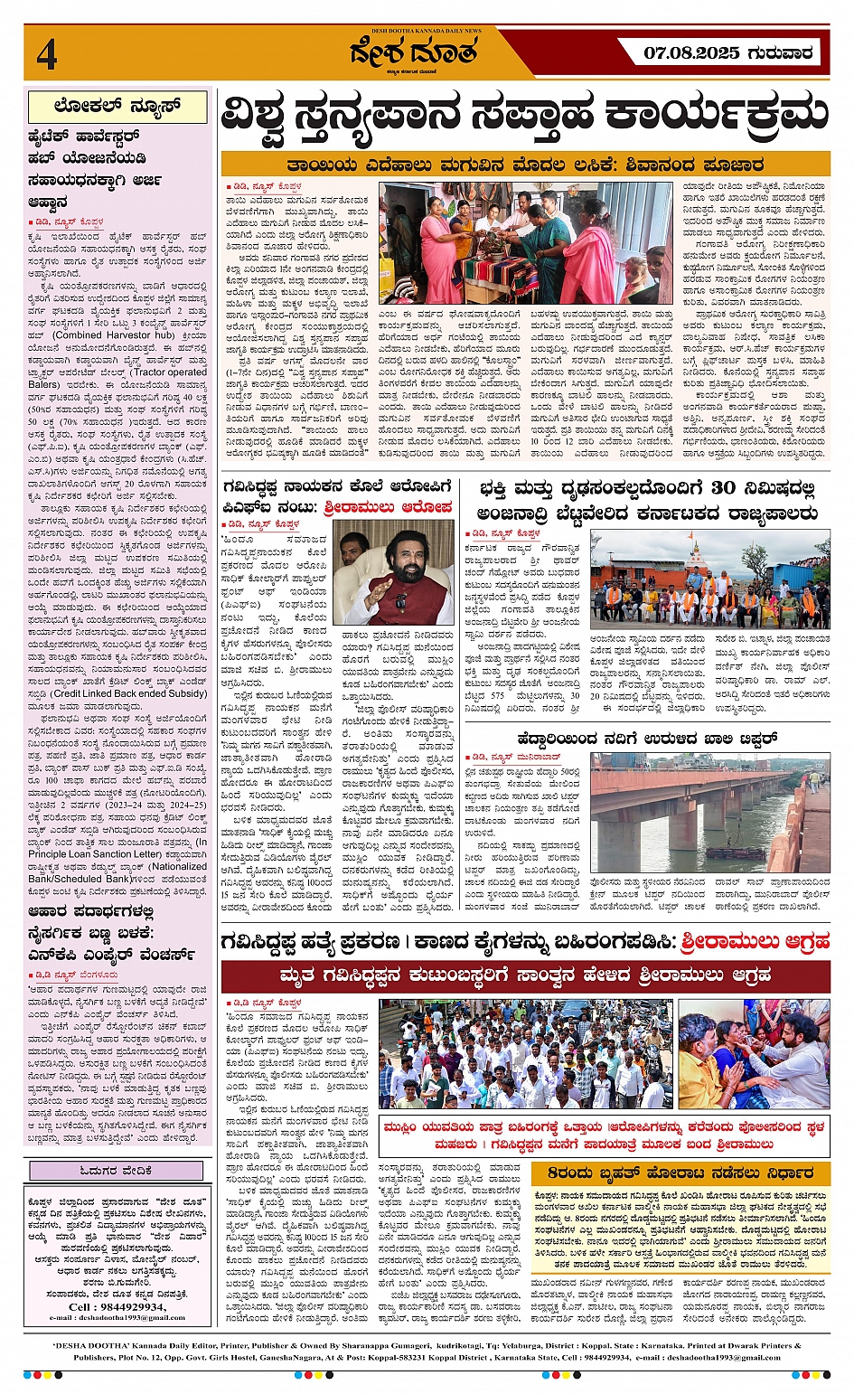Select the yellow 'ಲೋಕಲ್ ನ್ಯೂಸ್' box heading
(117, 107)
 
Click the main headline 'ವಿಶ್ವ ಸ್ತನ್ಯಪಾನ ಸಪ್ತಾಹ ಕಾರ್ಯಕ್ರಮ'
(524, 116)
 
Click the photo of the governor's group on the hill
(709, 579)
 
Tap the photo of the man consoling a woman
(753, 1053)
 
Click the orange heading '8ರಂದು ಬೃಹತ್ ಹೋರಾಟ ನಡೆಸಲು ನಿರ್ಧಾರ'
(680, 1173)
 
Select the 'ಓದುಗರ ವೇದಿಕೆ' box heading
(117, 1171)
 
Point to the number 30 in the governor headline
(723, 489)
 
